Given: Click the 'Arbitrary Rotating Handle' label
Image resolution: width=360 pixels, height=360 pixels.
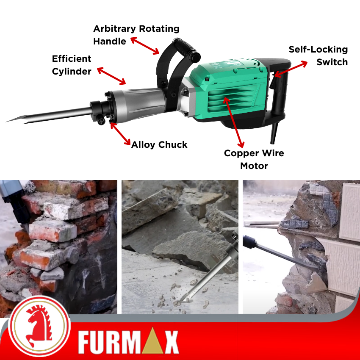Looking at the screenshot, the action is [136, 35].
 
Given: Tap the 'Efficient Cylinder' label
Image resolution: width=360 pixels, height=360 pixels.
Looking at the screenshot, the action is [72, 65].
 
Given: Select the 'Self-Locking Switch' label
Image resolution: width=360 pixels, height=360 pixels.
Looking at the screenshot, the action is [318, 55].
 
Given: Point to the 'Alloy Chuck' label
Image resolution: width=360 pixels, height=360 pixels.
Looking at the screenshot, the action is [159, 145].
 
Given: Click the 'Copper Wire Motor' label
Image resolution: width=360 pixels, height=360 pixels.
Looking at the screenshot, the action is [254, 159].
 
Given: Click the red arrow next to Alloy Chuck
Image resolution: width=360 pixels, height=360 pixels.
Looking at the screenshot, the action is [120, 134].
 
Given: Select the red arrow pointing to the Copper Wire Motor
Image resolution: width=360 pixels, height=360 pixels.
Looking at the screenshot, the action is [233, 122].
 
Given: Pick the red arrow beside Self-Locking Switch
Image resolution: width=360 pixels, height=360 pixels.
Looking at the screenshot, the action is [291, 69].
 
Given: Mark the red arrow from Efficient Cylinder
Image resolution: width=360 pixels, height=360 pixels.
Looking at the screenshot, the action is [111, 76].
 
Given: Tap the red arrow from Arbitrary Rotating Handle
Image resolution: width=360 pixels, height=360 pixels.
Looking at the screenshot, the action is [145, 46].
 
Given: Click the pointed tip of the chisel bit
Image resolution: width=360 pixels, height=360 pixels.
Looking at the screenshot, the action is [7, 121].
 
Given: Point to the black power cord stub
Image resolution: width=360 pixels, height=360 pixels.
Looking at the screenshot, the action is [274, 133].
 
